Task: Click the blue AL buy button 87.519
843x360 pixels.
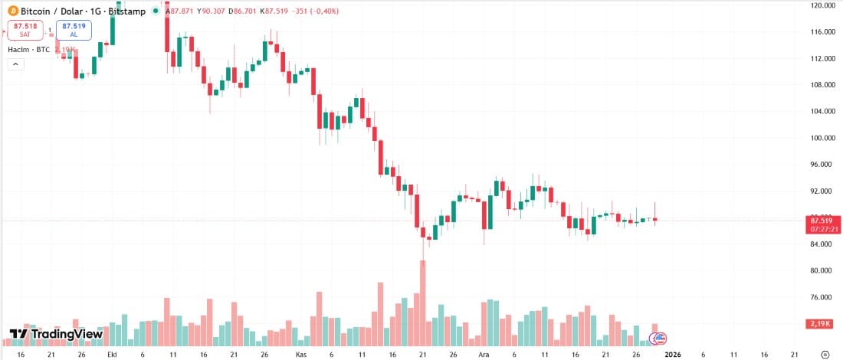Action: pyautogui.click(x=74, y=30)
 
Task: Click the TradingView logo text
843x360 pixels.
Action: pyautogui.click(x=57, y=334)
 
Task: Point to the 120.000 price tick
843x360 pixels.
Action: pyautogui.click(x=821, y=5)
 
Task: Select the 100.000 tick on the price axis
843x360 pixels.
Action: pyautogui.click(x=821, y=138)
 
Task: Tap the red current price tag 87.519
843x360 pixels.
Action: pyautogui.click(x=821, y=220)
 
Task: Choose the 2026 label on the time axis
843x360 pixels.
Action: pyautogui.click(x=672, y=355)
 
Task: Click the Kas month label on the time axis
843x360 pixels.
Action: pyautogui.click(x=301, y=355)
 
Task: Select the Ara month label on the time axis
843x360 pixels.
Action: pyautogui.click(x=484, y=355)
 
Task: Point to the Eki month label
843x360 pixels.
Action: pyautogui.click(x=112, y=355)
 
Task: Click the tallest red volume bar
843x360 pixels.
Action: pyautogui.click(x=422, y=303)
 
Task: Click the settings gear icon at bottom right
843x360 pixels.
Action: pyautogui.click(x=824, y=355)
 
